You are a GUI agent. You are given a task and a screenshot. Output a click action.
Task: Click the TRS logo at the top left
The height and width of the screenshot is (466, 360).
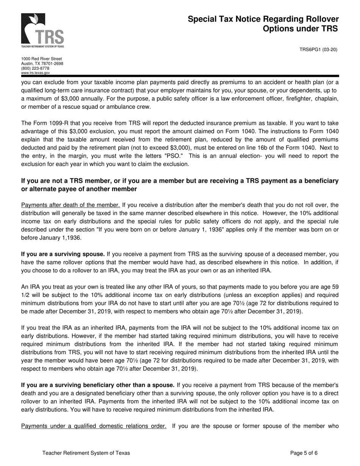click(42, 30)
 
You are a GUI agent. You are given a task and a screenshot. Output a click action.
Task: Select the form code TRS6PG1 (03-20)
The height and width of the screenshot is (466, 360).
click(318, 50)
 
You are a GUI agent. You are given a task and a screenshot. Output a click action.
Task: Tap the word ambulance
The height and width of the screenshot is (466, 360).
click(114, 106)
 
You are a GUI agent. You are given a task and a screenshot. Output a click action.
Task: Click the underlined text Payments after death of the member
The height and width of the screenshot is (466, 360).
click(70, 205)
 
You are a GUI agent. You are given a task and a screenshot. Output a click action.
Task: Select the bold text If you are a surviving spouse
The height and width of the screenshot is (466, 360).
click(63, 254)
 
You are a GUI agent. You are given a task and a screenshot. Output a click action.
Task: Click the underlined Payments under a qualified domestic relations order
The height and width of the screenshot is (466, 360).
click(94, 426)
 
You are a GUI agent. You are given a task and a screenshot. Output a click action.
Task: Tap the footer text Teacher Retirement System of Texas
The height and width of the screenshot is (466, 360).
click(86, 453)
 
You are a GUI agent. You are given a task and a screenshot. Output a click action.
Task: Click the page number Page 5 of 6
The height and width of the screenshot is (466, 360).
click(304, 453)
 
